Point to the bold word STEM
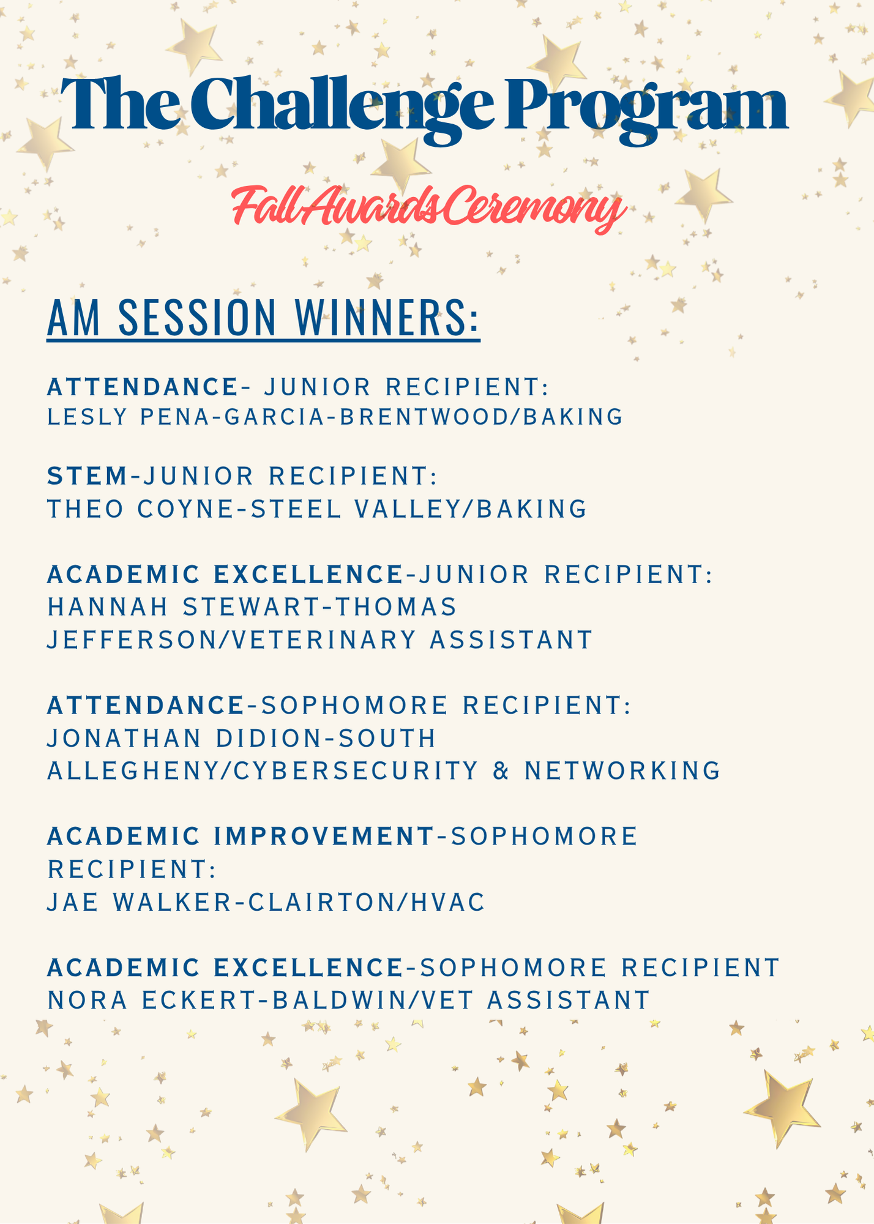(88, 476)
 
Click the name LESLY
(88, 417)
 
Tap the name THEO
(86, 509)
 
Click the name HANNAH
(108, 607)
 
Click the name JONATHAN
(124, 738)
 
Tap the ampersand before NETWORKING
(501, 771)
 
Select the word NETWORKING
(622, 771)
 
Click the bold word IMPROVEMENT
(324, 836)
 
